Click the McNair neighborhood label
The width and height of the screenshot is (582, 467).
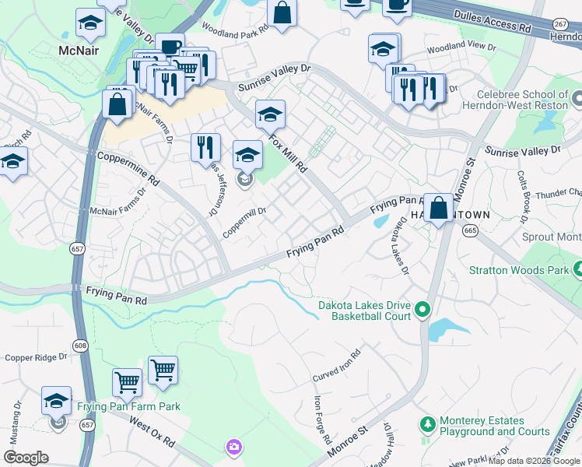pos(80,51)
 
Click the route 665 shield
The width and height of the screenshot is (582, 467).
pos(469,230)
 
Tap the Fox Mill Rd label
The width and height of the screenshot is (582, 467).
pos(289,153)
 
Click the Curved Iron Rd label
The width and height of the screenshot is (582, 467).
pos(337,366)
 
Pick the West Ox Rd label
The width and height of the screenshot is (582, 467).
pos(153,431)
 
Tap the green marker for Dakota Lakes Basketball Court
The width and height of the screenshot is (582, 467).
pos(422,311)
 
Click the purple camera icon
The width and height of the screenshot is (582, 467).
pos(233,448)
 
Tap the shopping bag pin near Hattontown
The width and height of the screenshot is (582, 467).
pos(439,208)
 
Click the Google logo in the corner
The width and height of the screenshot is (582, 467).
pos(26,458)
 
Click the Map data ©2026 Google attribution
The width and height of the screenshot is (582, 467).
pos(534,461)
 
